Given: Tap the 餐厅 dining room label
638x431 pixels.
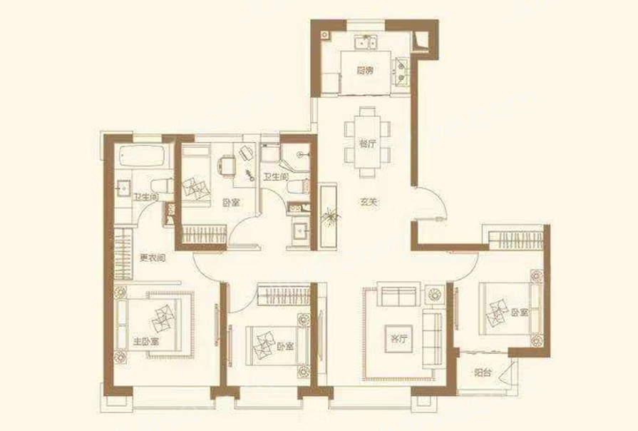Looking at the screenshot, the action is pyautogui.click(x=367, y=144).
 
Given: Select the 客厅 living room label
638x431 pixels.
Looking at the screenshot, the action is pyautogui.click(x=398, y=339).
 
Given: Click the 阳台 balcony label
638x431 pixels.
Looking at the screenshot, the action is pyautogui.click(x=483, y=372).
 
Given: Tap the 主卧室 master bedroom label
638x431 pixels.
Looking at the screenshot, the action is pyautogui.click(x=145, y=341).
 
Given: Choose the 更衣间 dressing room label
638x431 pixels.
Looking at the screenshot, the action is pyautogui.click(x=153, y=258).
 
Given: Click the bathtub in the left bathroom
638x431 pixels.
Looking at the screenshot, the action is pyautogui.click(x=143, y=156).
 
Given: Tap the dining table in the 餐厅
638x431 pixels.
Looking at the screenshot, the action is pyautogui.click(x=367, y=142).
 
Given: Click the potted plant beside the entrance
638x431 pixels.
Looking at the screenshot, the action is pyautogui.click(x=329, y=217).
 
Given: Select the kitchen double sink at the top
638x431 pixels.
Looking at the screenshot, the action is pyautogui.click(x=366, y=42).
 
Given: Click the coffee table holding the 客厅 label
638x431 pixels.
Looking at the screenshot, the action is pyautogui.click(x=398, y=338).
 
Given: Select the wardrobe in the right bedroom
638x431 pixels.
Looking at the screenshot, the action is pyautogui.click(x=515, y=240).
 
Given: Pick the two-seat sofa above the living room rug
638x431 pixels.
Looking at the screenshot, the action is pyautogui.click(x=398, y=296).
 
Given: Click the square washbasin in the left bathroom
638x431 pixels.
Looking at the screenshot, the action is pyautogui.click(x=123, y=188).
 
